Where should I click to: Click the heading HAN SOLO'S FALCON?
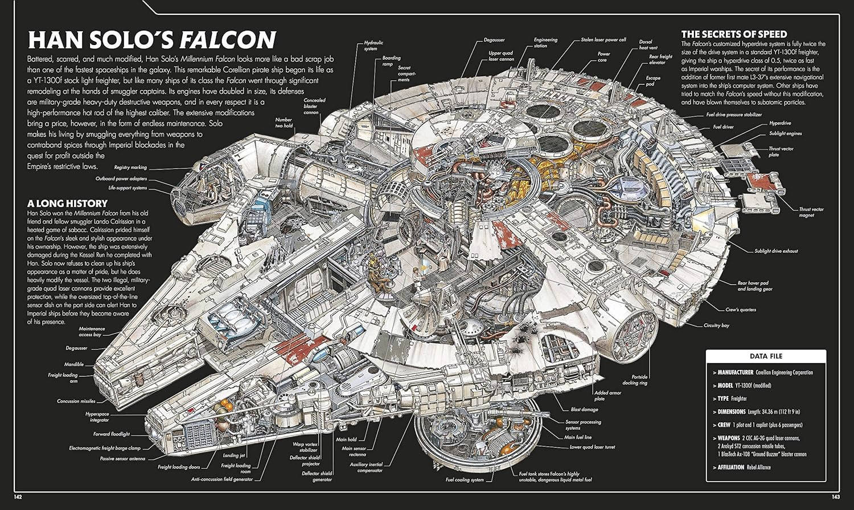pos(152,40)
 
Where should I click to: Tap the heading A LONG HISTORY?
pos(67,203)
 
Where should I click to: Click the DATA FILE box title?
pos(766,356)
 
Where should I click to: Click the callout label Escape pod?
pos(653,81)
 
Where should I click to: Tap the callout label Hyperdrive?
pos(780,123)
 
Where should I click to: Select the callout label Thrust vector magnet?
pos(811,212)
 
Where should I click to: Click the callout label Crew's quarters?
pos(740,310)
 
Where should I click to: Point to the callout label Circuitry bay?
pos(716,326)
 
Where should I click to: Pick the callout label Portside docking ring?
pos(635,380)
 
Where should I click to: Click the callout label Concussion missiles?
pos(76,401)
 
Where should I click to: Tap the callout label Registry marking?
pos(130,167)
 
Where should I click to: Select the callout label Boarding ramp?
pos(391,61)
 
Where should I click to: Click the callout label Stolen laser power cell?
pos(603,40)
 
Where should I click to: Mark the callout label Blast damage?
pos(584,409)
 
